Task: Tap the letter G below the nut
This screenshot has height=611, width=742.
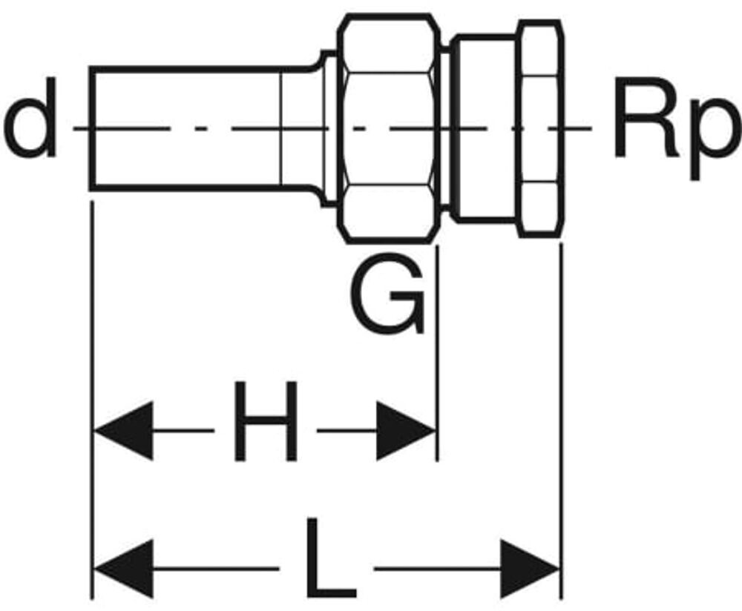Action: [x=387, y=294]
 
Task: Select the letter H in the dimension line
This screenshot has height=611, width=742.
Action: [x=265, y=420]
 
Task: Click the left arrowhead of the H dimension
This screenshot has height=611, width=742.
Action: [x=123, y=430]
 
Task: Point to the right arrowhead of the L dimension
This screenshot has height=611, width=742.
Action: [x=529, y=569]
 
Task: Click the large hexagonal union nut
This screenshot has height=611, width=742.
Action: [x=387, y=128]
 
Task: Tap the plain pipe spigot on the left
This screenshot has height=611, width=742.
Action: [x=185, y=128]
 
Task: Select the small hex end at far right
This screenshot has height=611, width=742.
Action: [x=539, y=128]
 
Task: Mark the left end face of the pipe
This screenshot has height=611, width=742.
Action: [x=91, y=128]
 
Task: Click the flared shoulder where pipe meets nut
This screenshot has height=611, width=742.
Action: [x=326, y=128]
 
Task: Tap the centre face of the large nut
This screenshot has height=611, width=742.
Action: [x=387, y=128]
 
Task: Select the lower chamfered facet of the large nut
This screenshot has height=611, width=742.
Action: [x=387, y=211]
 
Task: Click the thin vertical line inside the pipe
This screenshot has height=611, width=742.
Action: [x=281, y=128]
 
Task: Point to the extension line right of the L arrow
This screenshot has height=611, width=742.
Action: [x=561, y=415]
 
